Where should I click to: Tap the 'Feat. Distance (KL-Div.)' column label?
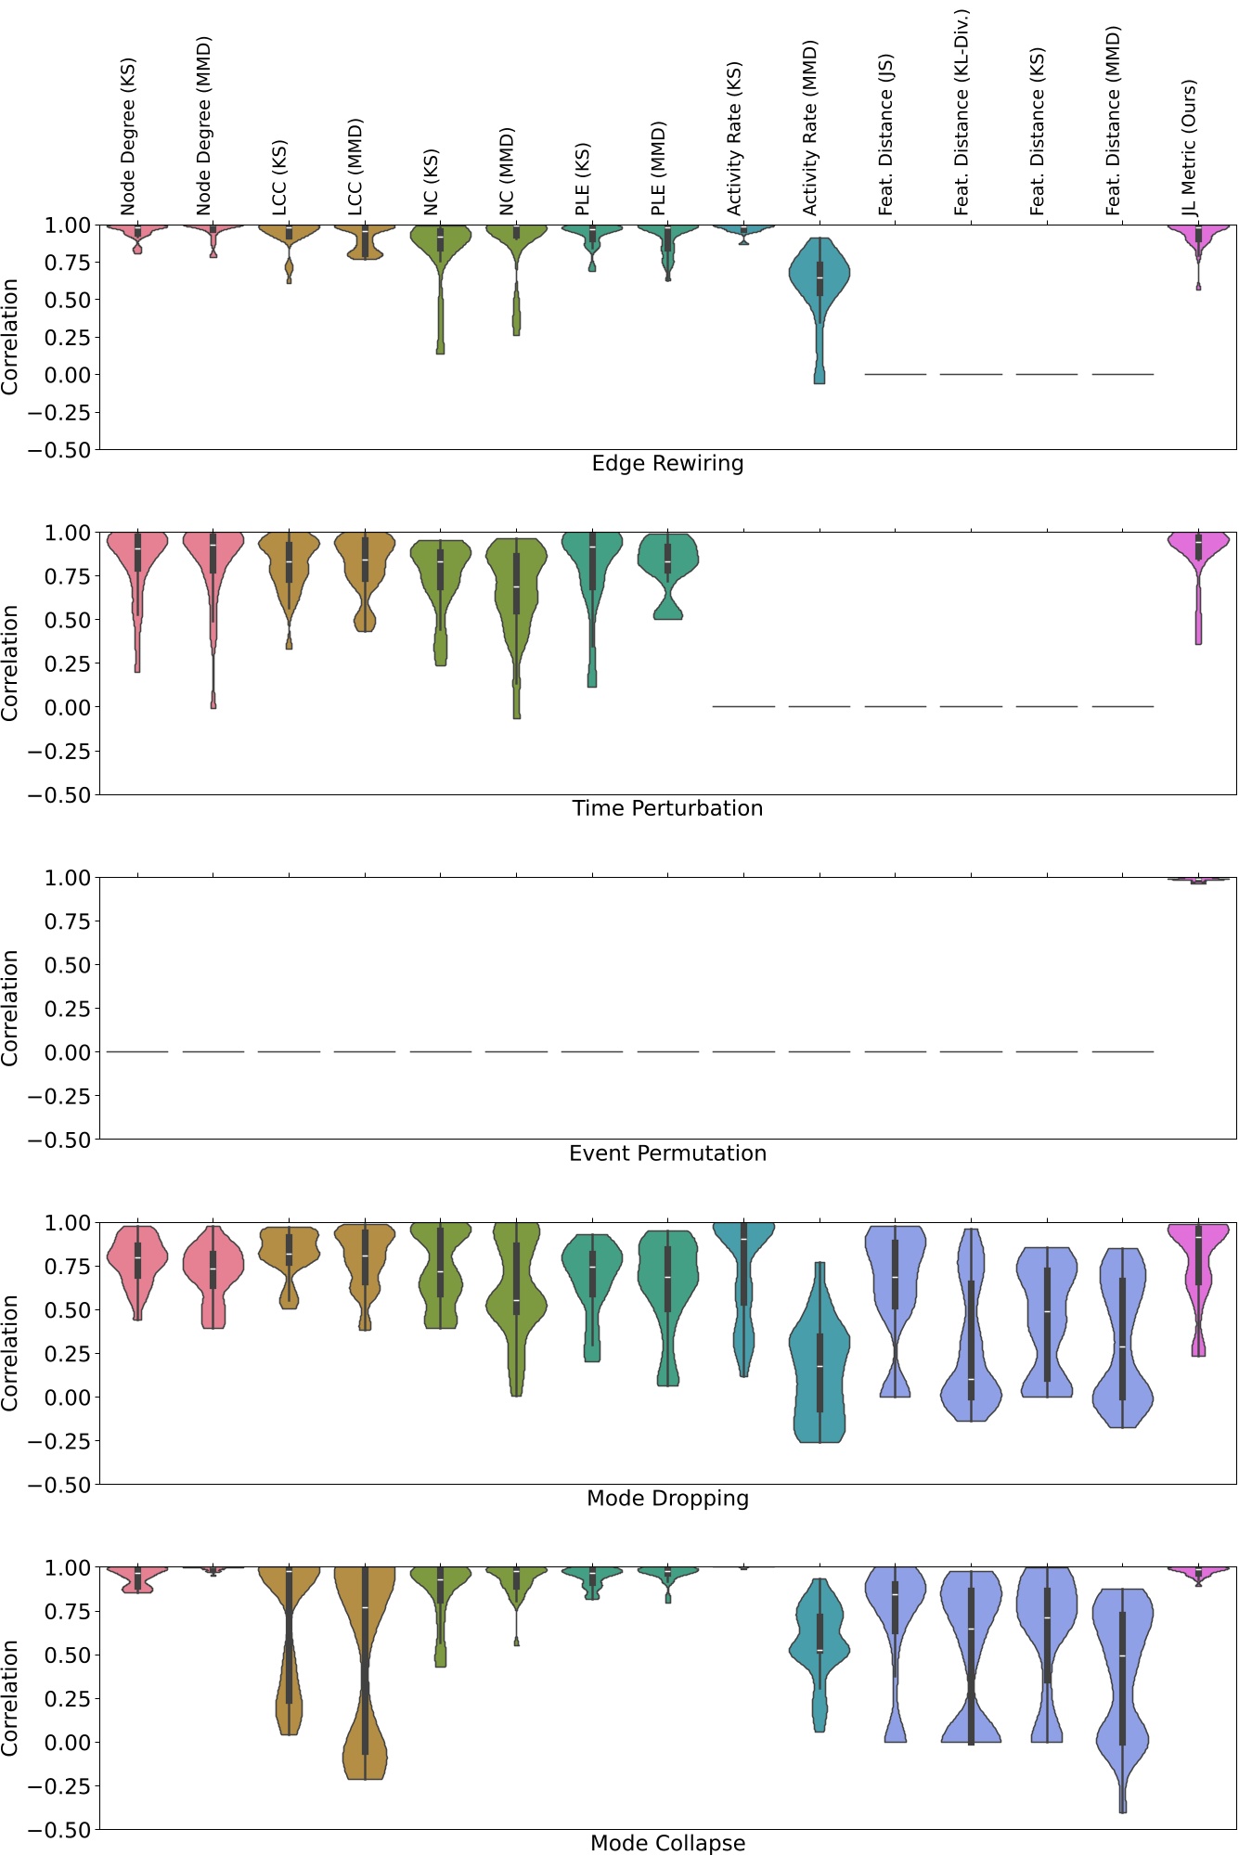pyautogui.click(x=962, y=112)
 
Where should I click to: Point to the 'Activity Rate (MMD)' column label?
pyautogui.click(x=810, y=127)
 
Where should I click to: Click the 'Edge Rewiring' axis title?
pyautogui.click(x=667, y=463)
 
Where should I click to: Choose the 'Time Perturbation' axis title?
pyautogui.click(x=667, y=808)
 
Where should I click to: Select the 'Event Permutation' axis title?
pyautogui.click(x=667, y=1153)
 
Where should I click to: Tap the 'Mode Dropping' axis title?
pyautogui.click(x=667, y=1498)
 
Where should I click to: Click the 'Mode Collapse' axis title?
pyautogui.click(x=667, y=1843)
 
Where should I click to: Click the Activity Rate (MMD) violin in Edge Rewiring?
pyautogui.click(x=820, y=278)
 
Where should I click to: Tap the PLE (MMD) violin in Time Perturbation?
pyautogui.click(x=667, y=561)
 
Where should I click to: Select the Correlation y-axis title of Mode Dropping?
pyautogui.click(x=10, y=1354)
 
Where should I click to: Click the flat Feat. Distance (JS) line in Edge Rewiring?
pyautogui.click(x=895, y=374)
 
